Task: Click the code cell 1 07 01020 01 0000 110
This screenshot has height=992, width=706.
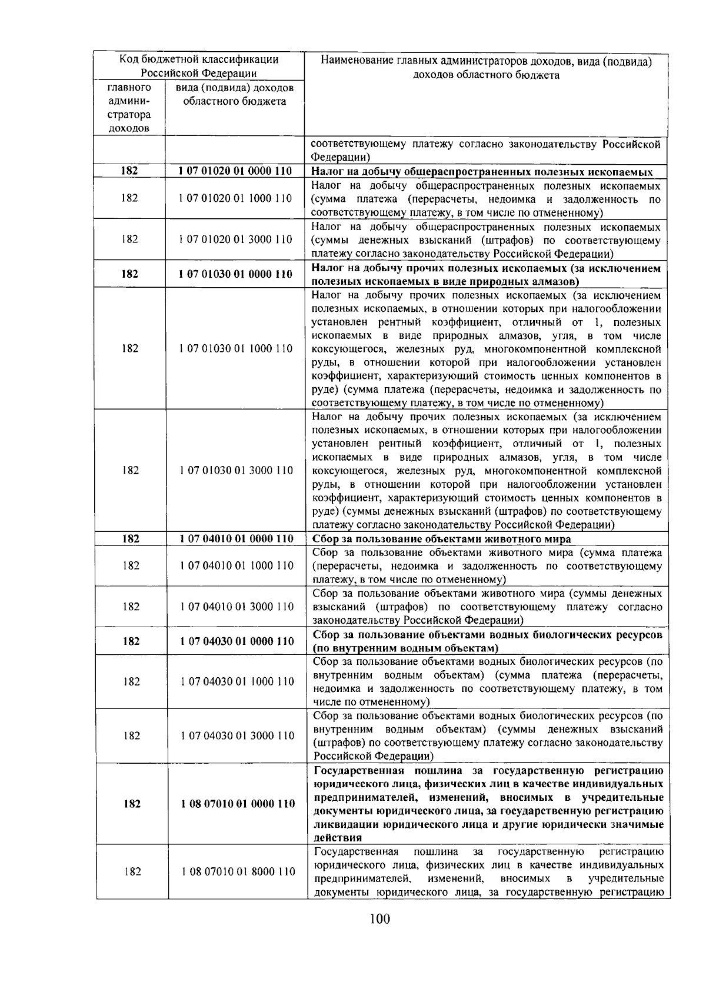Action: pos(235,171)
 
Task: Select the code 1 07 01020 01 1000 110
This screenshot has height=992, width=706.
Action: pos(235,198)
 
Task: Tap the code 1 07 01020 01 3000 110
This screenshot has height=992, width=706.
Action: pos(235,239)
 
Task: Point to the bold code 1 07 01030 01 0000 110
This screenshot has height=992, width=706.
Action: pos(235,274)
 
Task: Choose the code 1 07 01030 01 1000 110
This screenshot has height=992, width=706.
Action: pos(235,348)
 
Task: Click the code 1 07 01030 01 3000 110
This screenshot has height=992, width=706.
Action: pos(236,470)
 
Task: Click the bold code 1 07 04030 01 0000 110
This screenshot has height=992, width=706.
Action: pos(237,641)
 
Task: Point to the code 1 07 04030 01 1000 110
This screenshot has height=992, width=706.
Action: pos(237,681)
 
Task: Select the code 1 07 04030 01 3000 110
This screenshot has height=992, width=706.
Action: pos(237,735)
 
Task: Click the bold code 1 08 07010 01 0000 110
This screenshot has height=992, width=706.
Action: pos(238,804)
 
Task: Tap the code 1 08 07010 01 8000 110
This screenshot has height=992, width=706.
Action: pos(238,871)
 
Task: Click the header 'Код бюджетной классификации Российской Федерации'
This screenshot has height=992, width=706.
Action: pos(199,66)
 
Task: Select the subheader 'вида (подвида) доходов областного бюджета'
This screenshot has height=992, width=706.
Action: pos(235,95)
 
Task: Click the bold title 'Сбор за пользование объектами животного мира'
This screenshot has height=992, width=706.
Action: pos(442,539)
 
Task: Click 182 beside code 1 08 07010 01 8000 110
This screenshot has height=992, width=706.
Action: pos(132,871)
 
